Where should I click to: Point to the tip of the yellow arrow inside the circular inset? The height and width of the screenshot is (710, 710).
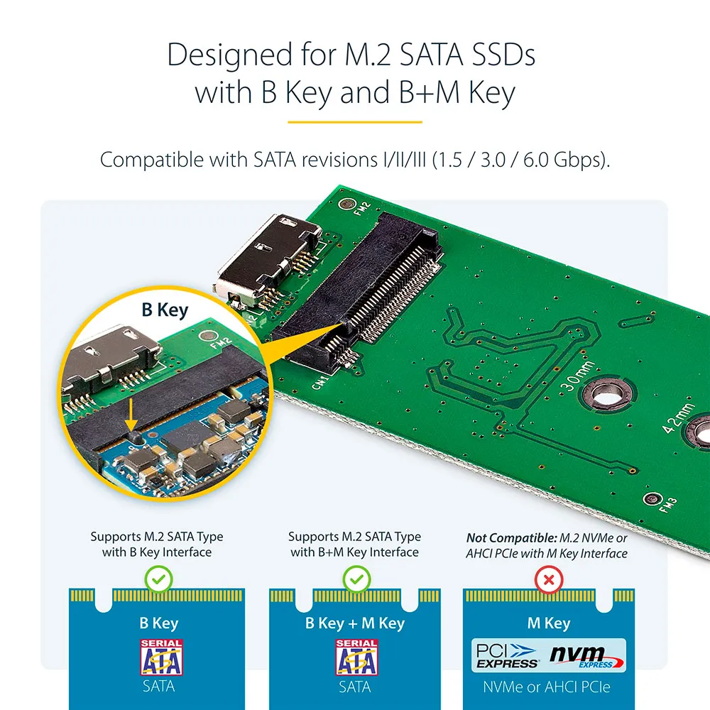point(131,430)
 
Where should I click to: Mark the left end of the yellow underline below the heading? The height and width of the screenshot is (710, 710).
point(288,122)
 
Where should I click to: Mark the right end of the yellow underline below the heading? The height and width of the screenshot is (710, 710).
point(422,122)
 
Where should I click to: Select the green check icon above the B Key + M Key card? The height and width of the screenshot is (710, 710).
point(357,579)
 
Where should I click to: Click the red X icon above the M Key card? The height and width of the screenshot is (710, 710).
point(549,579)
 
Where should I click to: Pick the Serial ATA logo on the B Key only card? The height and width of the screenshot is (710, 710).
point(161,657)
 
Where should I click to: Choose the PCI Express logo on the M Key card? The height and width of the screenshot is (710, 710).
point(507,655)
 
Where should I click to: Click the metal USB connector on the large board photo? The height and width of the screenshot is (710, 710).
point(268,261)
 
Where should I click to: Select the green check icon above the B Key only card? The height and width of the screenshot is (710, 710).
point(158,579)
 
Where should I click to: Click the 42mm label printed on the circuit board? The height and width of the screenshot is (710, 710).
point(679,417)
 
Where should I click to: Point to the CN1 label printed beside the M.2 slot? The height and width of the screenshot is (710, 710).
point(319,383)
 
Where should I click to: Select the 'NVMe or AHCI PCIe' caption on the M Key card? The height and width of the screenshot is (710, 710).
point(547,687)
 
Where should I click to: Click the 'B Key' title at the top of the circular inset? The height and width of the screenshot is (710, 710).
point(165,310)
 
